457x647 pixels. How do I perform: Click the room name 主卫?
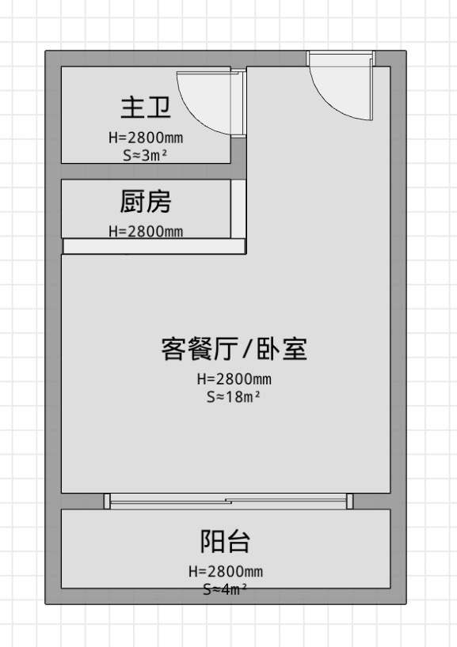click(x=146, y=108)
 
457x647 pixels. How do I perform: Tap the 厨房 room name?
click(x=146, y=202)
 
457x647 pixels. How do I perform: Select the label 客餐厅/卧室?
click(x=234, y=349)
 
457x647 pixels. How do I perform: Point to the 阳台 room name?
click(x=225, y=541)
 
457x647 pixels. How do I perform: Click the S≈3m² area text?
click(x=145, y=156)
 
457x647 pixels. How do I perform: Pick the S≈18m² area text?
click(x=234, y=397)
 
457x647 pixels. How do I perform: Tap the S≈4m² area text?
click(x=225, y=589)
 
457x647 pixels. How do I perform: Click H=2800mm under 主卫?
click(x=146, y=138)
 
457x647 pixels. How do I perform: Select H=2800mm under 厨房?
click(x=146, y=231)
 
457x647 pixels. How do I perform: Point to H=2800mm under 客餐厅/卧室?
click(x=234, y=379)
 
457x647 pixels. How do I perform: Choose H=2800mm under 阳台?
click(x=226, y=571)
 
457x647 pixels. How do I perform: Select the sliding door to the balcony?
click(x=228, y=501)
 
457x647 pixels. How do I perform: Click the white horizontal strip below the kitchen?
click(x=154, y=246)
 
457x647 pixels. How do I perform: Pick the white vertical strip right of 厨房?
click(x=238, y=209)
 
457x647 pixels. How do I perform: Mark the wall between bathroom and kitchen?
click(x=146, y=171)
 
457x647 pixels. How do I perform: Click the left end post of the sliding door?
click(x=107, y=501)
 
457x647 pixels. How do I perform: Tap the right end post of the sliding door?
click(x=349, y=501)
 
